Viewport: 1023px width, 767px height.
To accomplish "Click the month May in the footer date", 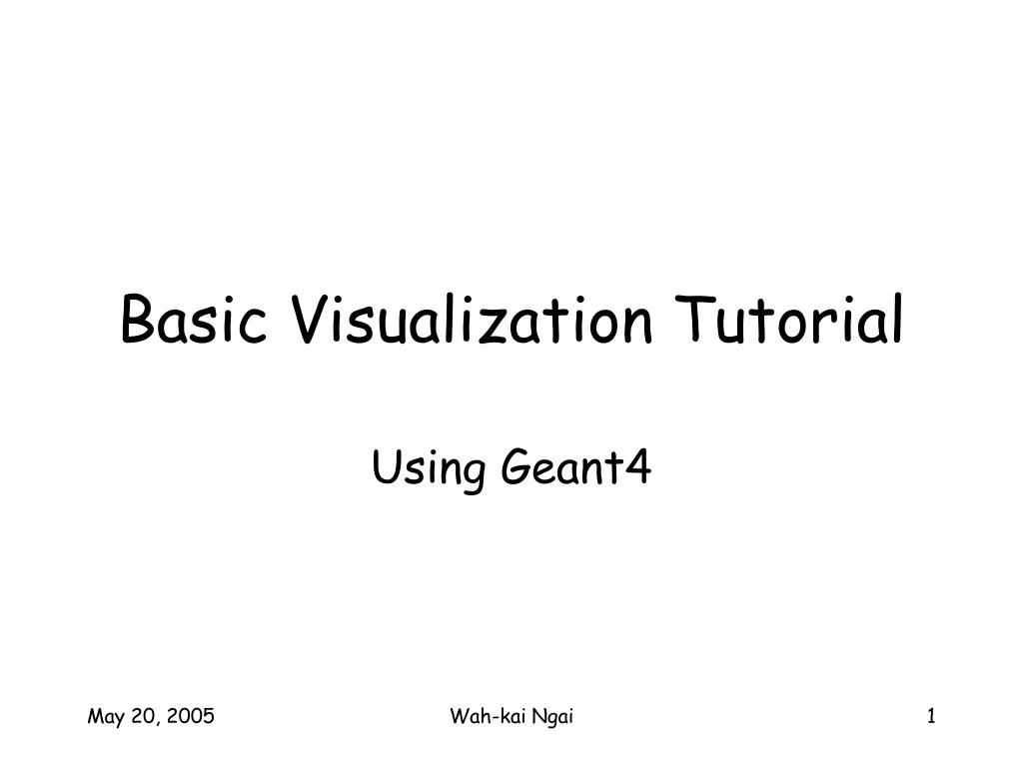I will (105, 717).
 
